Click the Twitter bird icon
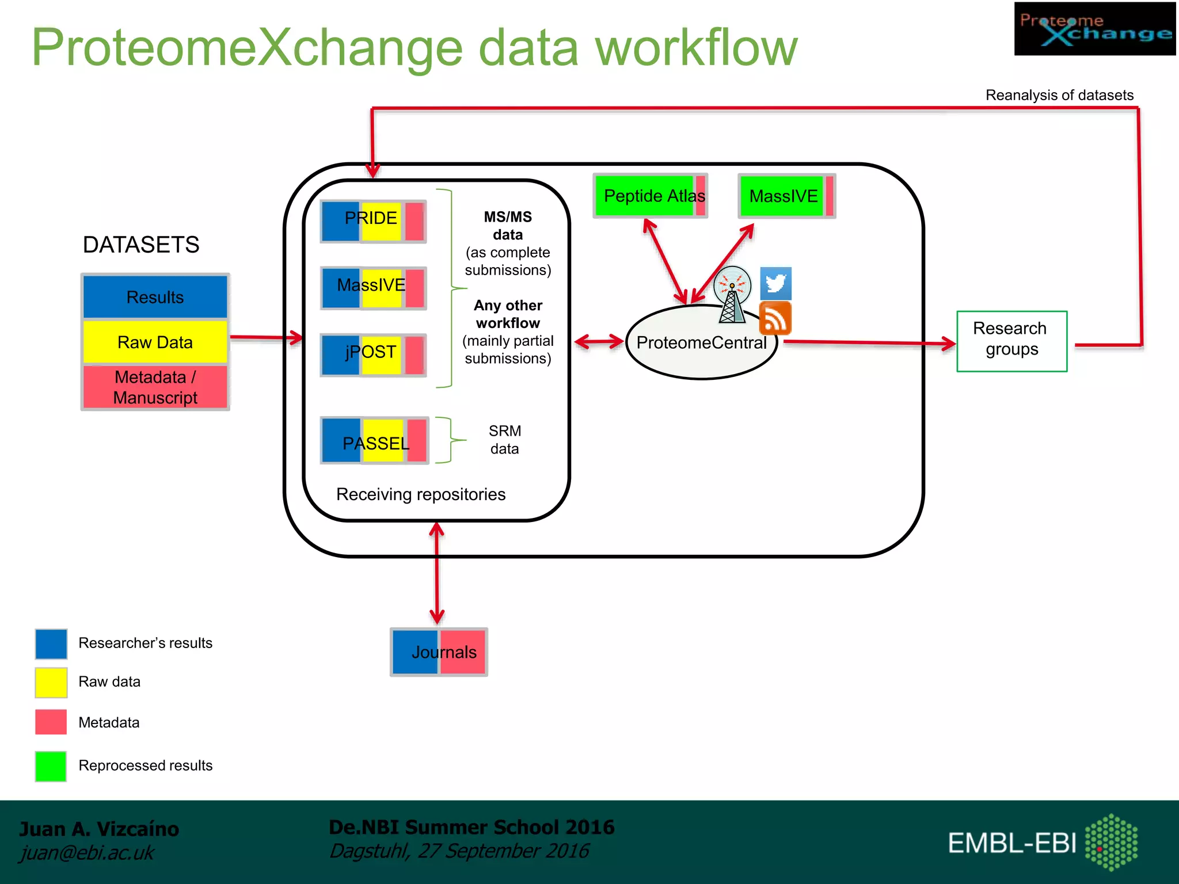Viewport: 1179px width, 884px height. (775, 283)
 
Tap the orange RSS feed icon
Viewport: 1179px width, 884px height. (775, 319)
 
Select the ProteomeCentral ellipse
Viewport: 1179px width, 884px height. (701, 343)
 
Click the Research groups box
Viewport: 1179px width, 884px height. (1011, 341)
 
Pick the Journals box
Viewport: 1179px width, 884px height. (439, 652)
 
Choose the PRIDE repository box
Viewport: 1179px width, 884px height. (373, 222)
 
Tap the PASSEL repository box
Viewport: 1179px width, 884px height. (374, 440)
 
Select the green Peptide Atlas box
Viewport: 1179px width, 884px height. (650, 196)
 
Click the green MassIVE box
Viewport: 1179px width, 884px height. (786, 196)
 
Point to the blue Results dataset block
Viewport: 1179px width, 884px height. (155, 297)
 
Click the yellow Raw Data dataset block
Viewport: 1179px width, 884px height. (155, 342)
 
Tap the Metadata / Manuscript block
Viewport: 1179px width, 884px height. (155, 387)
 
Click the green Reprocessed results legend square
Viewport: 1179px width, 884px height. (51, 766)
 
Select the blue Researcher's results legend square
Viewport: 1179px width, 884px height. (51, 643)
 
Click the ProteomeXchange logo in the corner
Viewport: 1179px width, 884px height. (1094, 29)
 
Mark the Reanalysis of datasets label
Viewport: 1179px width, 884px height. (1059, 95)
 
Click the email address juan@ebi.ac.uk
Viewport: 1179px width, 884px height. (87, 852)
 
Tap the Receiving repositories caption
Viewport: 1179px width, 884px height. (421, 494)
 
